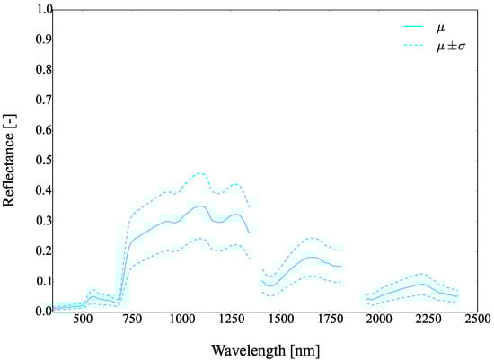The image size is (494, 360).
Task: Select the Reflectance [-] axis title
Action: point(10,160)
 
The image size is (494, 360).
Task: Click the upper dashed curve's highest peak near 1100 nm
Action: point(199,173)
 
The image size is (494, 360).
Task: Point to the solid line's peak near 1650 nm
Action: point(311,257)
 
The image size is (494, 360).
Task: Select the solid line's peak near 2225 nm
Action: point(421,284)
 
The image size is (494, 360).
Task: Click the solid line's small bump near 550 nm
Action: point(93,296)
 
